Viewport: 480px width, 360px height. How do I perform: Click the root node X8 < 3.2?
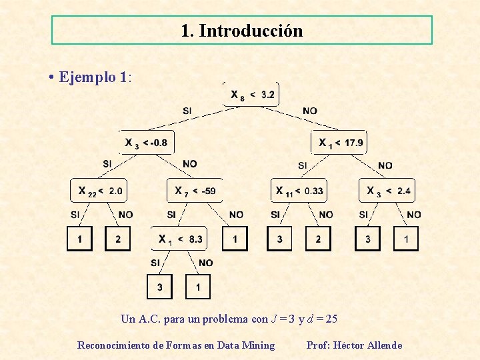(x=251, y=95)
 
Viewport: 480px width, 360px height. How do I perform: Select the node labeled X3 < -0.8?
(x=146, y=142)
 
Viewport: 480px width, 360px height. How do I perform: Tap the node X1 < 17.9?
(x=339, y=142)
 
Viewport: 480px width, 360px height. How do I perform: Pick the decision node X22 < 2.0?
(x=99, y=191)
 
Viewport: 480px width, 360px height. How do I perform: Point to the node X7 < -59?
(x=194, y=191)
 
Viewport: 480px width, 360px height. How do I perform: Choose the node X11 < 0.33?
(x=299, y=191)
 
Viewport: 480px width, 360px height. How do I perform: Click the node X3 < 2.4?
(x=387, y=191)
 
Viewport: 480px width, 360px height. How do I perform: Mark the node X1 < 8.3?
(x=180, y=238)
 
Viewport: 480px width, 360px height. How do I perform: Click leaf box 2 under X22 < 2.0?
(x=118, y=239)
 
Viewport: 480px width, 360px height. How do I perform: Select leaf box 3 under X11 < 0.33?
(x=279, y=239)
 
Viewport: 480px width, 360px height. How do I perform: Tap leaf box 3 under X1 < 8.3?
(x=159, y=287)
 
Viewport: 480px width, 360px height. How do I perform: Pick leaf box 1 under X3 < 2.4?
(x=406, y=239)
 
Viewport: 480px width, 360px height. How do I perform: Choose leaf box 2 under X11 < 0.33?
(x=318, y=239)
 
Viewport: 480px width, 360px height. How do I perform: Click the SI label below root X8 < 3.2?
(x=188, y=111)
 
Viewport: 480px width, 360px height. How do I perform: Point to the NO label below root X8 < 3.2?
(x=309, y=111)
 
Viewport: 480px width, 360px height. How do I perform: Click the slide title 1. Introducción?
(x=241, y=31)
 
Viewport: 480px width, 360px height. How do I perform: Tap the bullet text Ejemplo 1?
(x=95, y=77)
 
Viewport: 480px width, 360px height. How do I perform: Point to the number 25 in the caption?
(x=331, y=319)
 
